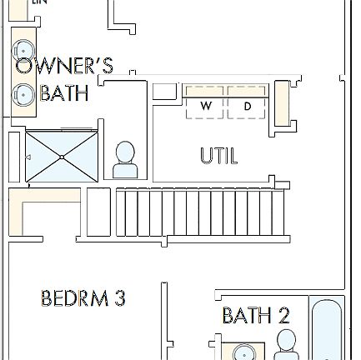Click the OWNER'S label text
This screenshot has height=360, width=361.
click(x=64, y=67)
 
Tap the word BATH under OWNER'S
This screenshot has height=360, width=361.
click(x=63, y=92)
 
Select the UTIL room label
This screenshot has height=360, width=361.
click(x=218, y=155)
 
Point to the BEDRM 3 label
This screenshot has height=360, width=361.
click(x=83, y=297)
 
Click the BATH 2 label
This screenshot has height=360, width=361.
click(x=256, y=316)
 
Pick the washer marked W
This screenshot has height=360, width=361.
click(x=206, y=106)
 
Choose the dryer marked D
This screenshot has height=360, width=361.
click(x=248, y=106)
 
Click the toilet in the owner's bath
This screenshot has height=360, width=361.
click(x=124, y=159)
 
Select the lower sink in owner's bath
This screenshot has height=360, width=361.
click(x=23, y=94)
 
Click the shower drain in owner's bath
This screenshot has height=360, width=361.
click(x=63, y=157)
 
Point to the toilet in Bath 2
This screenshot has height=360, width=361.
click(x=286, y=344)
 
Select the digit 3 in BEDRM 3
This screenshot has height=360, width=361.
click(x=119, y=297)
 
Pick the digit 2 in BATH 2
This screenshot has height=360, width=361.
click(x=283, y=316)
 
